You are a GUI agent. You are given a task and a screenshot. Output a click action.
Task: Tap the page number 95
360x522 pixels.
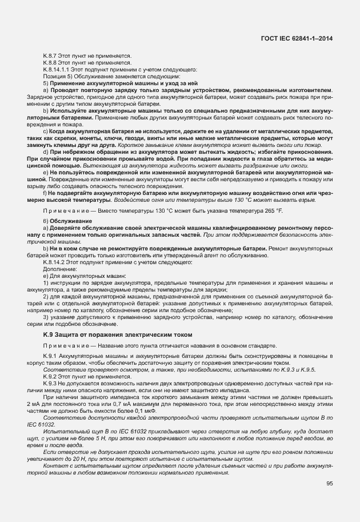click(329, 484)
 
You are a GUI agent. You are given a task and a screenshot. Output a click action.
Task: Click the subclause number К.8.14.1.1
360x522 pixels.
click(56, 70)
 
